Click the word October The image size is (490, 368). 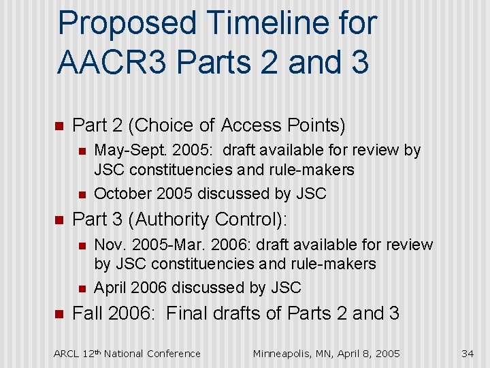(122, 194)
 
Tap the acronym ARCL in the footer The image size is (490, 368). (66, 354)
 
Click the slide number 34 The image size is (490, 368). (467, 353)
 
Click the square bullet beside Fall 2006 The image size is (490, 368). (58, 314)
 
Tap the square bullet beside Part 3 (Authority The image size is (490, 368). (58, 221)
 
